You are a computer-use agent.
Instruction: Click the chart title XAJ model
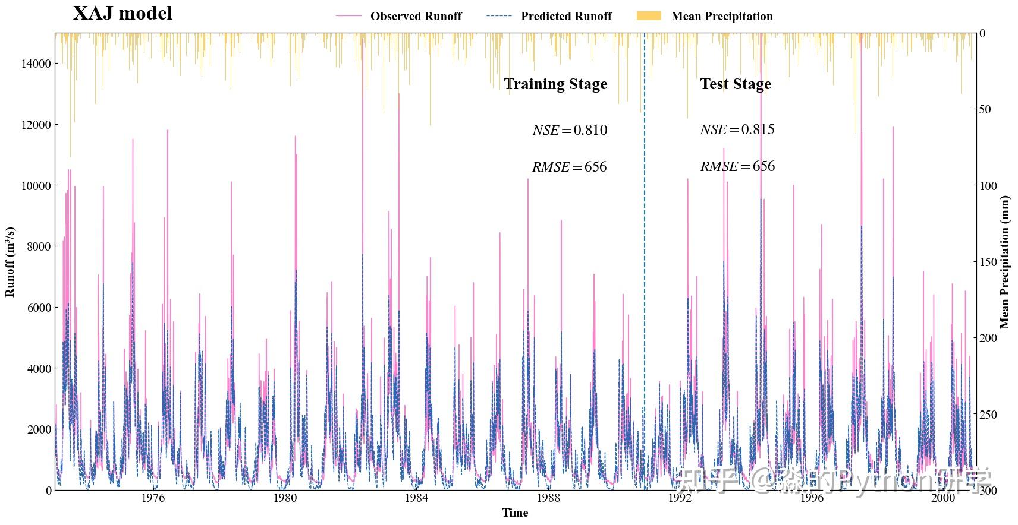[122, 13]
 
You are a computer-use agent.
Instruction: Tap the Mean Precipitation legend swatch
[649, 16]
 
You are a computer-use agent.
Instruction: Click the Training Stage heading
[555, 84]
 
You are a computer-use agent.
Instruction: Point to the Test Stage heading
[736, 84]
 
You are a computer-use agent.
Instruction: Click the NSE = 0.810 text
[570, 131]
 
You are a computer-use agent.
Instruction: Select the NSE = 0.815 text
[737, 130]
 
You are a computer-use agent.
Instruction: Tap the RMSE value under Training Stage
[569, 167]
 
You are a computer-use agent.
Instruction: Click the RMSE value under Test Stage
[737, 167]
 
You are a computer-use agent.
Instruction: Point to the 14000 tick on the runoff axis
[36, 64]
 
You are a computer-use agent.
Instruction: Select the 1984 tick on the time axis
[416, 498]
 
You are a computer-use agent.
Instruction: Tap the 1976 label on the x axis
[153, 498]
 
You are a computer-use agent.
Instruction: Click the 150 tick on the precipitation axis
[989, 262]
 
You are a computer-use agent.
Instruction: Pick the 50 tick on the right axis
[985, 109]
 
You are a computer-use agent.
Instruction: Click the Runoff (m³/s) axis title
[10, 262]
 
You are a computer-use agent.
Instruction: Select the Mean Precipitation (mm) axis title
[1005, 262]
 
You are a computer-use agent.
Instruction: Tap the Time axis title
[515, 513]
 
